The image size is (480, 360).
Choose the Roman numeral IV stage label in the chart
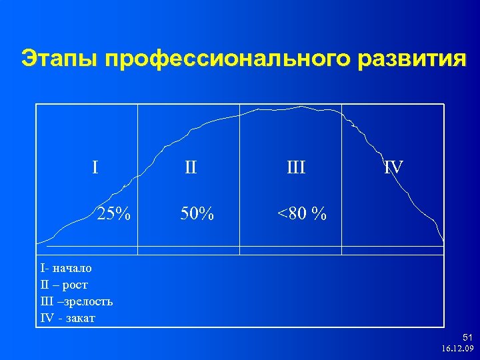pos(393,166)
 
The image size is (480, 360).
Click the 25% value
pos(113,214)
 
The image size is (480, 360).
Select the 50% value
pos(197,214)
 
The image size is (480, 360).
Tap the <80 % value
pos(302,214)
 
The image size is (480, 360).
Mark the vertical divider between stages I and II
pos(137,180)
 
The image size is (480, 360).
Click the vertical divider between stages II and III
pos(239,180)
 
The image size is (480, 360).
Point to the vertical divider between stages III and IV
pos(342,180)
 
